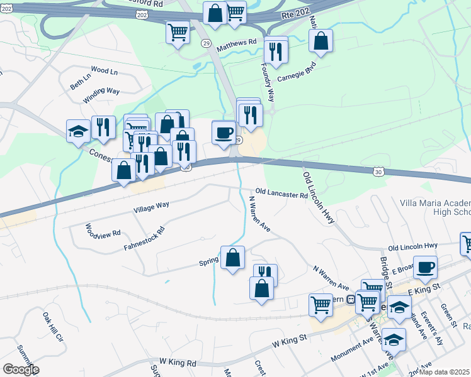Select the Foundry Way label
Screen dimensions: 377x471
270,86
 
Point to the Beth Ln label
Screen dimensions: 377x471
80,81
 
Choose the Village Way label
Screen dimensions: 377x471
151,205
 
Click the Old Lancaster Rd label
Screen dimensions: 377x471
281,194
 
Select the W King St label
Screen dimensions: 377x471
289,341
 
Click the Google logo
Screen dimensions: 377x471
20,369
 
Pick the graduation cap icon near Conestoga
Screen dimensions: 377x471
79,131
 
